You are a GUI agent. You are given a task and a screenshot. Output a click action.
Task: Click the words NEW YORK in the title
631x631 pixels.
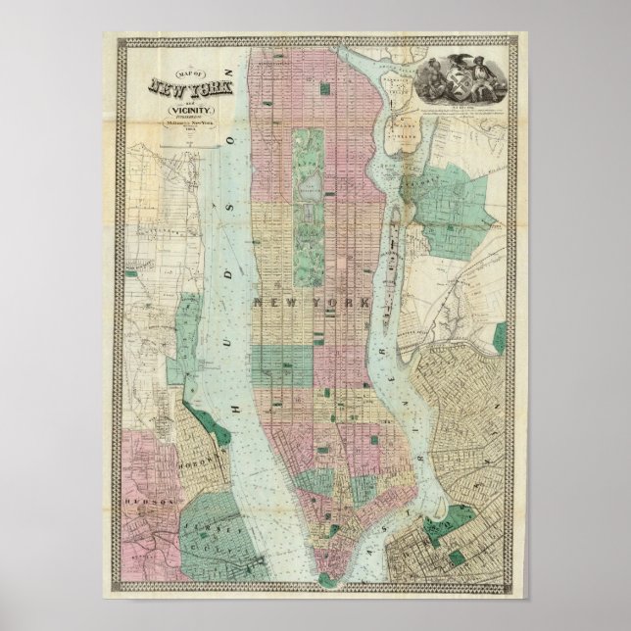pyautogui.click(x=186, y=87)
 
